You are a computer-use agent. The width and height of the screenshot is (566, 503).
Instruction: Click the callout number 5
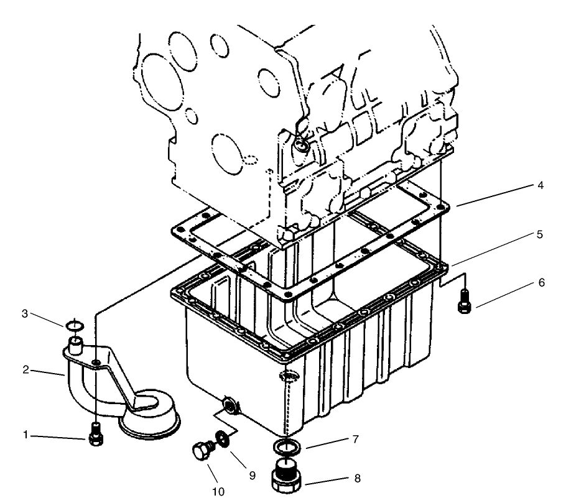pyautogui.click(x=540, y=234)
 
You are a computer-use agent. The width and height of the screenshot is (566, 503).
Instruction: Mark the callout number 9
pyautogui.click(x=252, y=474)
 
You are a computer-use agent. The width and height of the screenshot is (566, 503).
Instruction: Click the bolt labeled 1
pyautogui.click(x=95, y=436)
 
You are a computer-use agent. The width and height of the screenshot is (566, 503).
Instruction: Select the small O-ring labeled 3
pyautogui.click(x=74, y=325)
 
